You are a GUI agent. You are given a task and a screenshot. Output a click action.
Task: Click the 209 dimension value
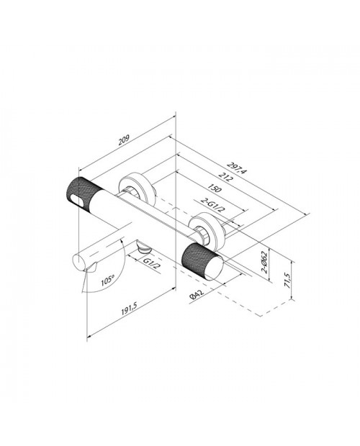pos(124,141)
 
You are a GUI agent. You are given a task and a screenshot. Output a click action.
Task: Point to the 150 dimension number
pos(215,188)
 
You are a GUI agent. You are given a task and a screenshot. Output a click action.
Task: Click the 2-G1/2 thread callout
pos(212,204)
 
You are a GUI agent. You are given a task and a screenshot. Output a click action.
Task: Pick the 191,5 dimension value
pos(130,309)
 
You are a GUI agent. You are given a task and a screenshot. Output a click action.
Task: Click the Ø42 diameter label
pos(197,295)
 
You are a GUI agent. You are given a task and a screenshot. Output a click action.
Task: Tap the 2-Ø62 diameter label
pos(264,263)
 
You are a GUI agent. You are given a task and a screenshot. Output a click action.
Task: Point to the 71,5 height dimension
pos(288,281)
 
